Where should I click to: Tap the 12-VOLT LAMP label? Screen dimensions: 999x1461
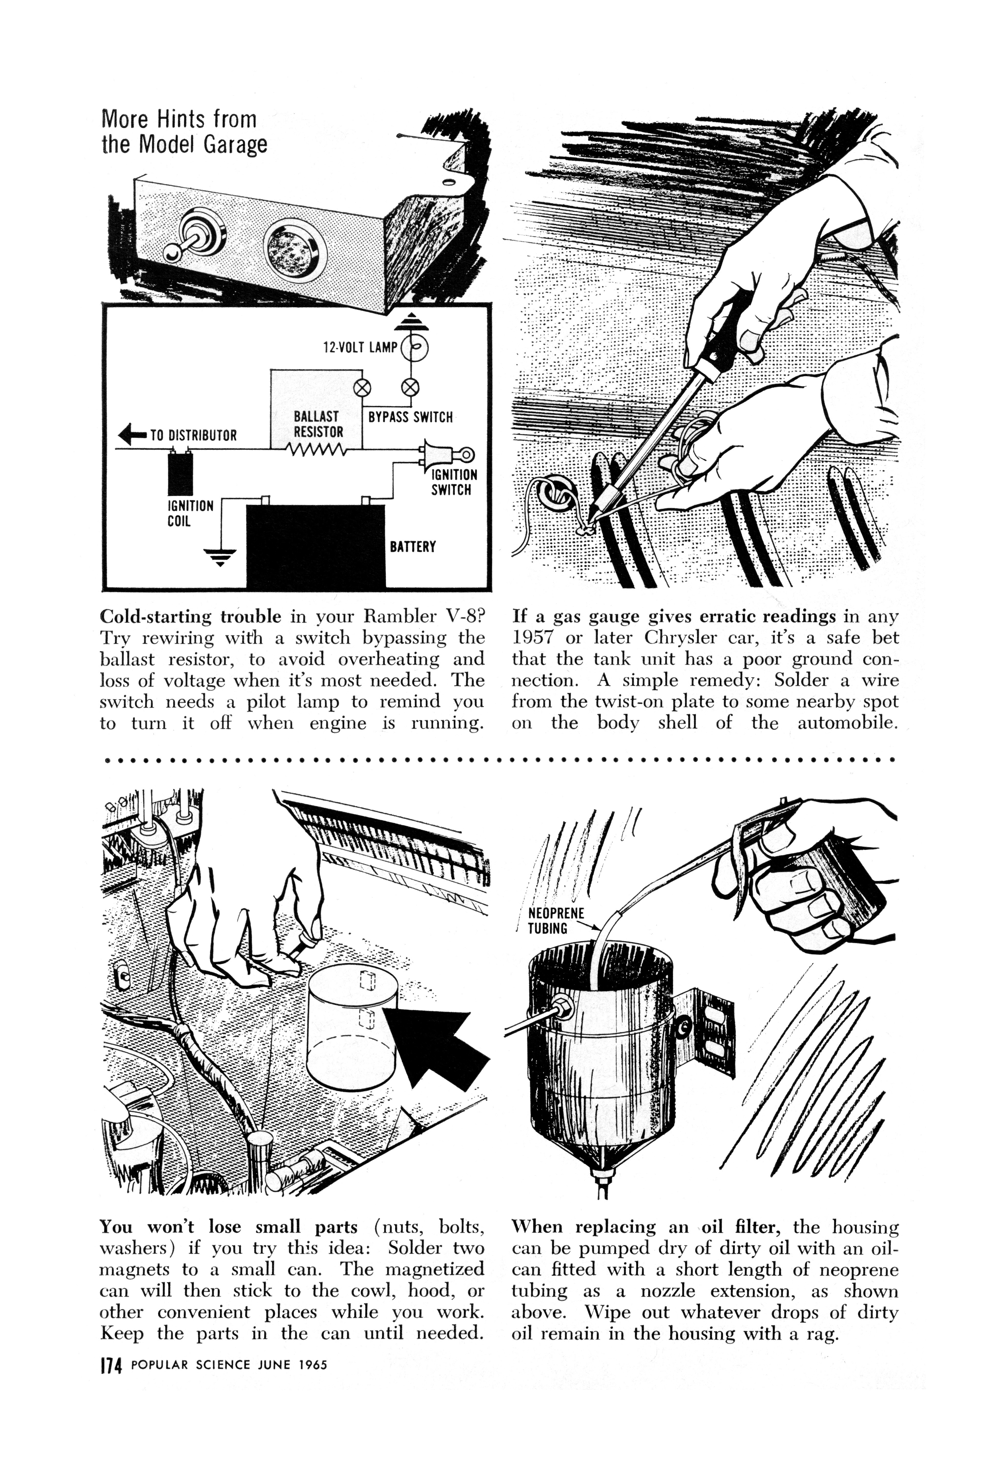[360, 347]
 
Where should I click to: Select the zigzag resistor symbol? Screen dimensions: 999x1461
[315, 450]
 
